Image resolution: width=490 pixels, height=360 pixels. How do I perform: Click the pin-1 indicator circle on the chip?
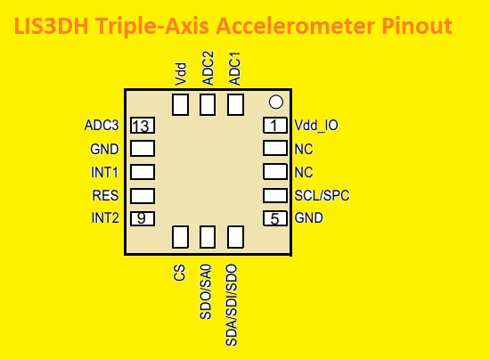(276, 102)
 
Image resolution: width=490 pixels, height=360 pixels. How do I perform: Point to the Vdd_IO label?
(316, 126)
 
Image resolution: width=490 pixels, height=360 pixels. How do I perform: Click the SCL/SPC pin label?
(321, 195)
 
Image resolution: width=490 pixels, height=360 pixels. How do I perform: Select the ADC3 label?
(102, 126)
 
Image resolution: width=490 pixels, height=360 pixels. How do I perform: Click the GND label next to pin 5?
(309, 217)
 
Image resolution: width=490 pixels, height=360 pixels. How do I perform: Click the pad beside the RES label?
(143, 195)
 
